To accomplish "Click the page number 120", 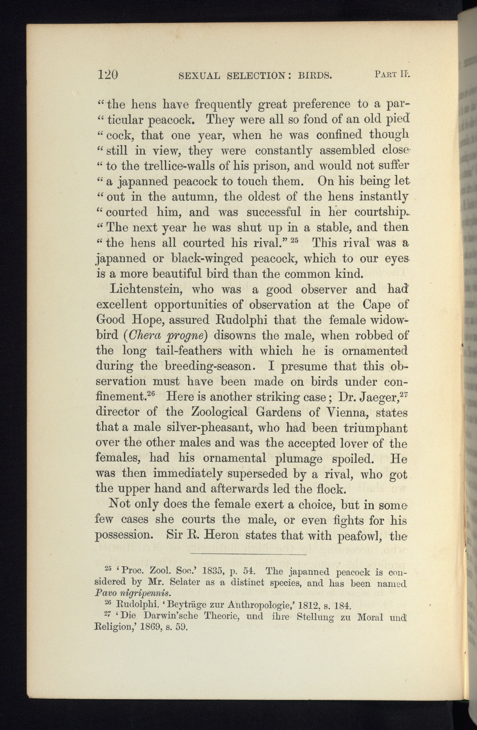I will [x=108, y=75].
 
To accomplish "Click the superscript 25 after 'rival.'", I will [x=294, y=239].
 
